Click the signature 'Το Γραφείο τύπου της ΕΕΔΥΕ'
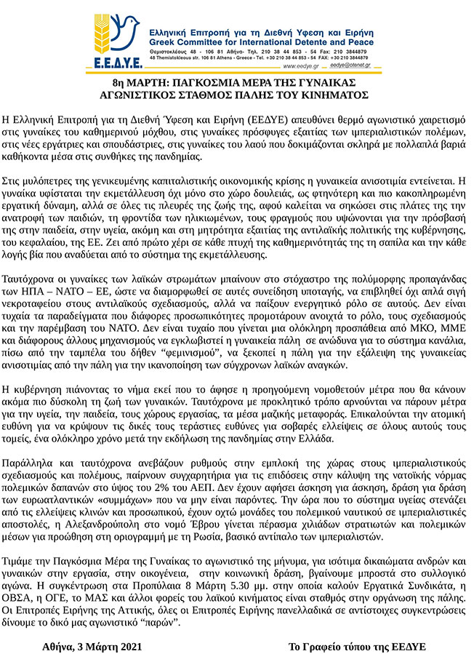click(x=356, y=645)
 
